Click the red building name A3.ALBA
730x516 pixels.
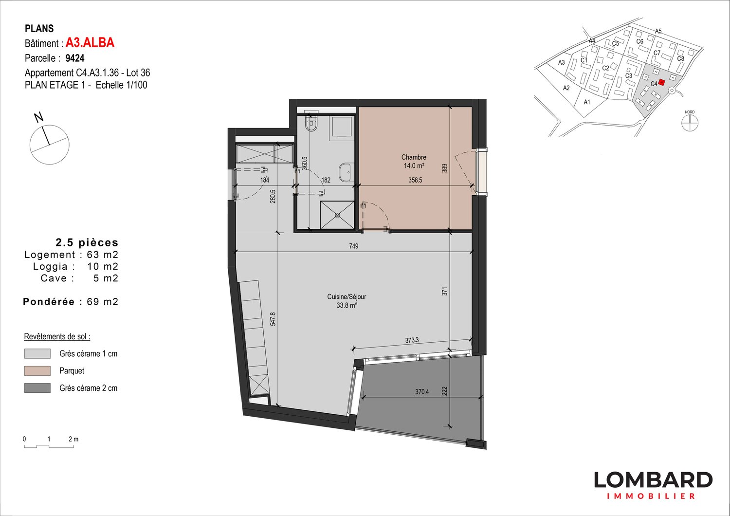(x=90, y=43)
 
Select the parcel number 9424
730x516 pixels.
(x=75, y=58)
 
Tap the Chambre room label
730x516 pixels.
(x=414, y=157)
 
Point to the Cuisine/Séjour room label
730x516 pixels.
(x=347, y=297)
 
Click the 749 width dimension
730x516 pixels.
(x=354, y=246)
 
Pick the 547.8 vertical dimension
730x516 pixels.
(x=273, y=319)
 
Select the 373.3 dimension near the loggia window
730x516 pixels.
(x=412, y=340)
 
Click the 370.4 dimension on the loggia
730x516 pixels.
(x=422, y=391)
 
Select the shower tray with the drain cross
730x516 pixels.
(x=337, y=215)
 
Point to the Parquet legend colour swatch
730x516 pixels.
(x=37, y=371)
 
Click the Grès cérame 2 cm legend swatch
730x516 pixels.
(x=37, y=388)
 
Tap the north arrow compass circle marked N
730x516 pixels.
(x=49, y=145)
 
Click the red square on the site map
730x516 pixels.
(x=661, y=82)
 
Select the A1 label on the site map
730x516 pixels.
(x=587, y=102)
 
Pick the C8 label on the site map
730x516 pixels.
(x=680, y=59)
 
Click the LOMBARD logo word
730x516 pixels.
(x=653, y=480)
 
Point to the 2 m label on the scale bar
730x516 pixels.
(x=73, y=439)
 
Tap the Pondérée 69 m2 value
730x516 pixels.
(x=102, y=302)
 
